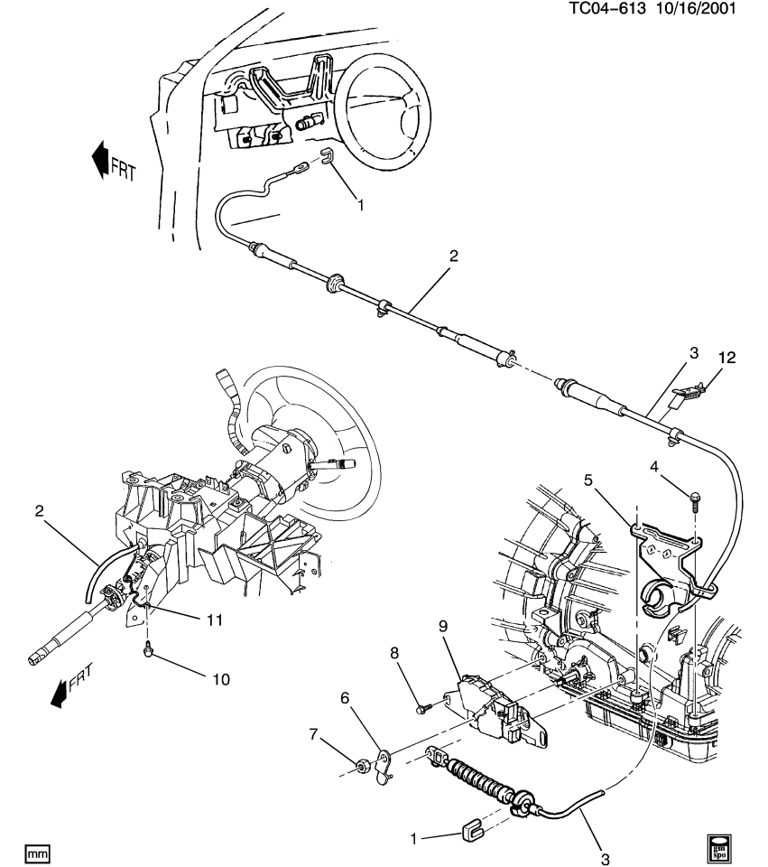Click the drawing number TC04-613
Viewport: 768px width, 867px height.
coord(606,9)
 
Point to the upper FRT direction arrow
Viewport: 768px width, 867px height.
coord(100,160)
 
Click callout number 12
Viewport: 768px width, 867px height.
coord(726,358)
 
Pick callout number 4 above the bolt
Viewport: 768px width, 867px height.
coord(656,466)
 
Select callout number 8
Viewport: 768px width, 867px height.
coord(393,651)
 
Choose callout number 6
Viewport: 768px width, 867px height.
coord(345,699)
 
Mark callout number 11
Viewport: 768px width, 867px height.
coord(214,620)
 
